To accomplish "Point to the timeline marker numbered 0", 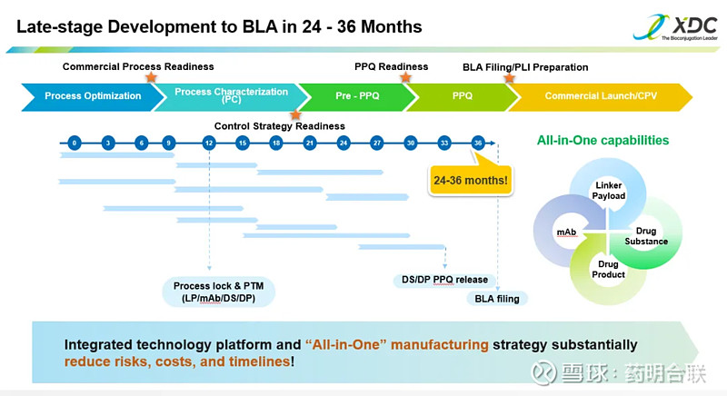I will pos(75,143).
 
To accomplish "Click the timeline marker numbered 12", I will pos(209,143).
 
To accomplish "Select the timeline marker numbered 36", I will pos(478,143).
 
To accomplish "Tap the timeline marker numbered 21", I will pos(310,143).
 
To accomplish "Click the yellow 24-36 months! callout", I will pos(470,179).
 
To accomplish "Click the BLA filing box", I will pos(497,298).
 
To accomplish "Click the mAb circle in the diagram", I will pos(565,233).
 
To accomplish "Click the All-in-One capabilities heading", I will pos(603,141).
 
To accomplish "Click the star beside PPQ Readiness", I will pos(405,79).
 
